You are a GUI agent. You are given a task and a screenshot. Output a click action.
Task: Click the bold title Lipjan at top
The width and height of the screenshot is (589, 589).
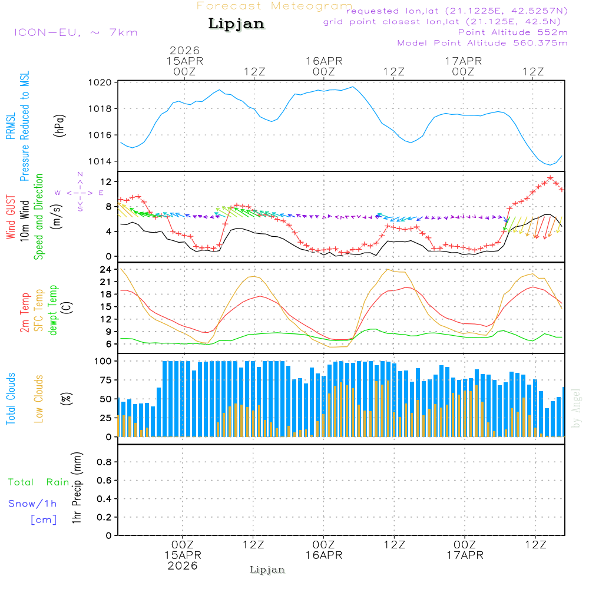pyautogui.click(x=236, y=24)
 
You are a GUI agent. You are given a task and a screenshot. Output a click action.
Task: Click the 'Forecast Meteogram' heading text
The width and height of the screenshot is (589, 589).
pyautogui.click(x=274, y=6)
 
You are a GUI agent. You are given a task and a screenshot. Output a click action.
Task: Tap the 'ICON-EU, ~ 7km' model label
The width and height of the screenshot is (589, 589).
pyautogui.click(x=75, y=32)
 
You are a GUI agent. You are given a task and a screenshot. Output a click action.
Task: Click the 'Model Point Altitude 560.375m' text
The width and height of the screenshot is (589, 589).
pyautogui.click(x=482, y=43)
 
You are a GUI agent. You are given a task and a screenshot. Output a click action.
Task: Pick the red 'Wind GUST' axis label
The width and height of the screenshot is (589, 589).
pyautogui.click(x=11, y=219)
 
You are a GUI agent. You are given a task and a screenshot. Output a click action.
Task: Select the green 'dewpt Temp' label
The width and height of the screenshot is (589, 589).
pyautogui.click(x=54, y=310)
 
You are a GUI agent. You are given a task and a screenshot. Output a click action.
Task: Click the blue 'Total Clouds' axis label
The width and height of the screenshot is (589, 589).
pyautogui.click(x=11, y=398)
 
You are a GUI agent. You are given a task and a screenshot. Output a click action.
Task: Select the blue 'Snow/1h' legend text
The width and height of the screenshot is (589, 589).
pyautogui.click(x=33, y=504)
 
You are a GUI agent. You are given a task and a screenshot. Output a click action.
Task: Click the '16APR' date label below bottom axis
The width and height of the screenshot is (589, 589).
pyautogui.click(x=323, y=555)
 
